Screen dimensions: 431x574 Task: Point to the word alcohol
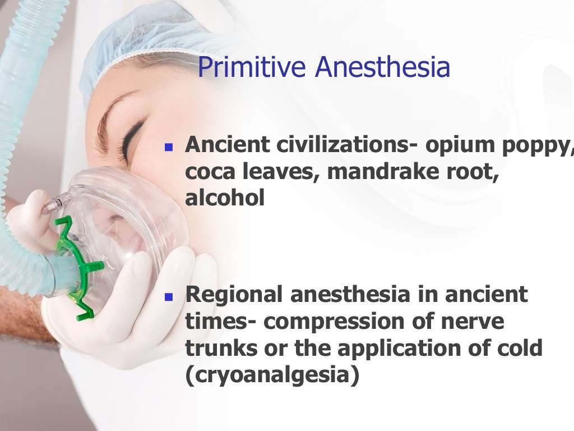225,197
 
